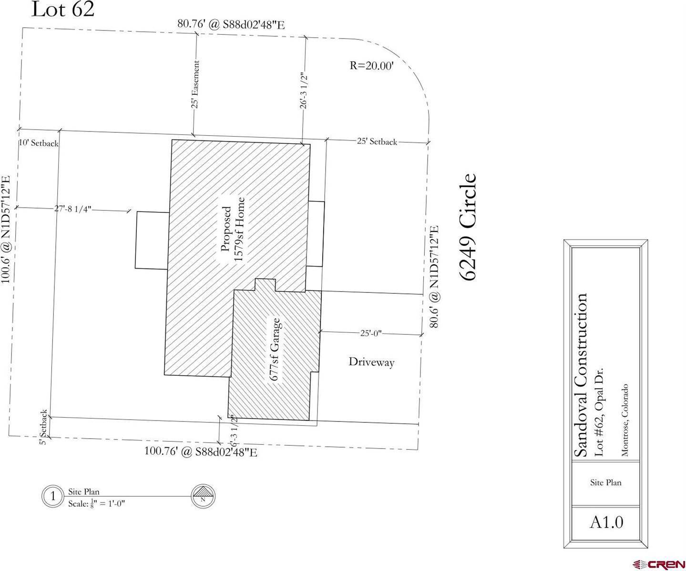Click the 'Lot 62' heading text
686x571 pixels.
click(x=62, y=10)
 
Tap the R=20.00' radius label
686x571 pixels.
click(x=371, y=66)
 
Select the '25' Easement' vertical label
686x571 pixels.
click(x=195, y=84)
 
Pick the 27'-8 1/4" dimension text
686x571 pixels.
click(x=72, y=209)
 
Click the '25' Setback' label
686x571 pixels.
click(x=377, y=141)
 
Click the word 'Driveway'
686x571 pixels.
click(x=371, y=362)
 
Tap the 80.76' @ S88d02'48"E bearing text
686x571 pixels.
click(x=231, y=24)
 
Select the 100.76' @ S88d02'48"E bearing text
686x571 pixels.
click(x=201, y=451)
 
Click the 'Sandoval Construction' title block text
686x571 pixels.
click(x=580, y=375)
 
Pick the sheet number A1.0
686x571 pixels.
click(x=606, y=522)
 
